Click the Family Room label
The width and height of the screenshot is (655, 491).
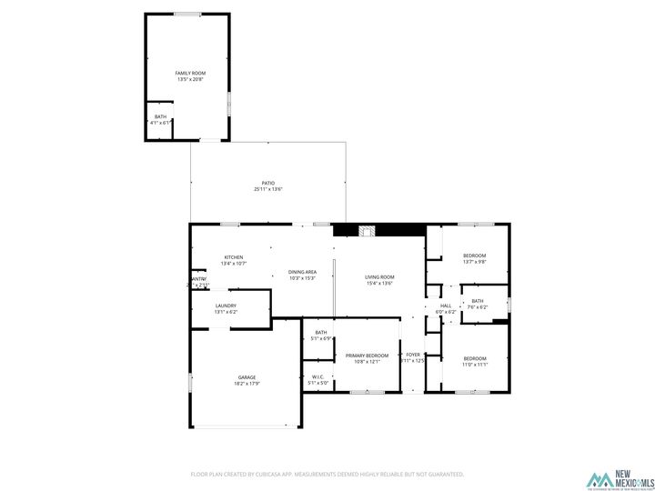click(x=191, y=73)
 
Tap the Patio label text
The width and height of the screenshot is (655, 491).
click(x=268, y=183)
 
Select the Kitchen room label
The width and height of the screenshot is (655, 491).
click(x=235, y=257)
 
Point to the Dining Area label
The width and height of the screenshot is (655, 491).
click(x=302, y=272)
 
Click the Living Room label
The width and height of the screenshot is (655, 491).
click(x=379, y=276)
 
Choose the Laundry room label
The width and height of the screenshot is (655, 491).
click(x=226, y=306)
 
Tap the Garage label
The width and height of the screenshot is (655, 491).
click(x=247, y=377)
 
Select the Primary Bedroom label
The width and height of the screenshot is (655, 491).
click(x=367, y=356)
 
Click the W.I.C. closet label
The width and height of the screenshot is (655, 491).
click(x=317, y=377)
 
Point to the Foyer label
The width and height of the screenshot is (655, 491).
click(x=413, y=355)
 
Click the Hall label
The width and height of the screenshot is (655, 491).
click(x=446, y=306)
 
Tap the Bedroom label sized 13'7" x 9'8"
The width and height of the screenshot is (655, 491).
click(x=474, y=256)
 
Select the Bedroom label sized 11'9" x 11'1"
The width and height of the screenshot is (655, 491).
click(x=474, y=358)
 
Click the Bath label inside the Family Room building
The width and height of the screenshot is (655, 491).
click(x=160, y=116)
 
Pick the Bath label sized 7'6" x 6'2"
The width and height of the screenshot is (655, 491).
click(x=478, y=301)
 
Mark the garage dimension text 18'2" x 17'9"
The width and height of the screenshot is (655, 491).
click(x=247, y=384)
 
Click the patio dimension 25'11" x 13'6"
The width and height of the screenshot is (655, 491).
click(x=268, y=189)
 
